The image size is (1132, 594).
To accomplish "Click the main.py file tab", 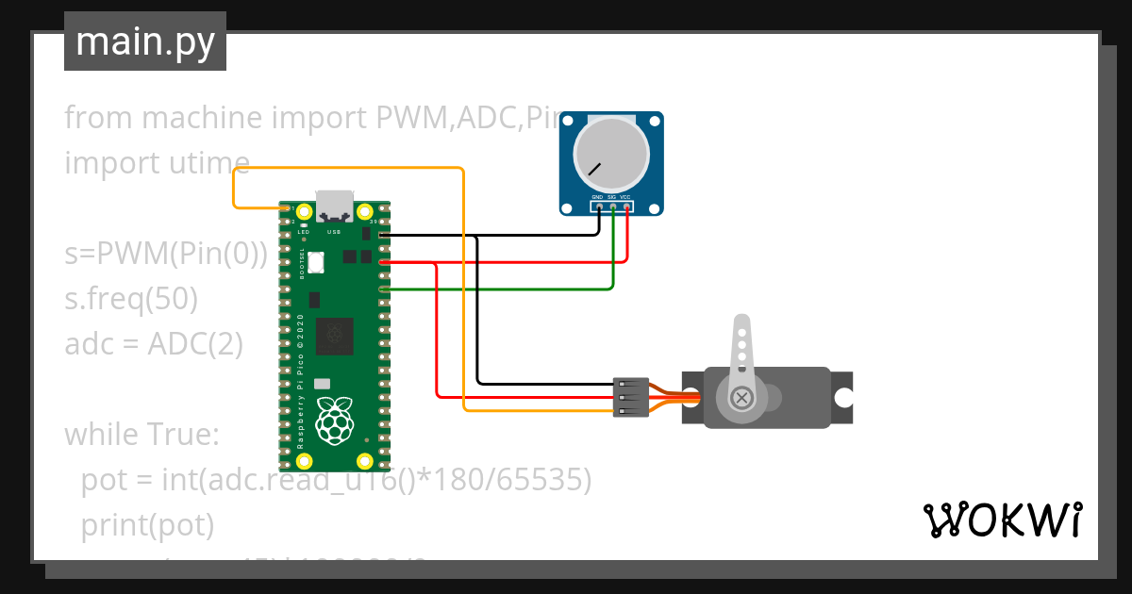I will [144, 41].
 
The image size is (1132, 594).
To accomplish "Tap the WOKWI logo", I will [1002, 520].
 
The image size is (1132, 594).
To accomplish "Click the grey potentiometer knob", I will [612, 156].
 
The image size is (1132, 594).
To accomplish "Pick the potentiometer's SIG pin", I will [612, 206].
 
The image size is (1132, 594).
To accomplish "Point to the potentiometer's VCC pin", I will [626, 206].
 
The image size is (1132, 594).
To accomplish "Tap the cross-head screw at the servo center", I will [742, 397].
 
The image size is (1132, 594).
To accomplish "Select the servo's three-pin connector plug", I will [630, 397].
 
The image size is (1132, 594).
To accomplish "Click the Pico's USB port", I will [334, 204].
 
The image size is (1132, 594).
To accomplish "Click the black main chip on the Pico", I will [334, 335].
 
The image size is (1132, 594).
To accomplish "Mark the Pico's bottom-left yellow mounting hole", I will [304, 461].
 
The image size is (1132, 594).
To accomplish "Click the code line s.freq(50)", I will [131, 299].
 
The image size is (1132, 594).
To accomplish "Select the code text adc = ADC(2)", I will [154, 344].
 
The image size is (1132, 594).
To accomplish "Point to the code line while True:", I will [141, 435].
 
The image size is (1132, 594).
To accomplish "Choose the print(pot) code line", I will [147, 525].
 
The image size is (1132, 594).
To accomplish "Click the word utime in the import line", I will [207, 163].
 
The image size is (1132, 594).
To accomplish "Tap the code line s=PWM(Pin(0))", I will [166, 254].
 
